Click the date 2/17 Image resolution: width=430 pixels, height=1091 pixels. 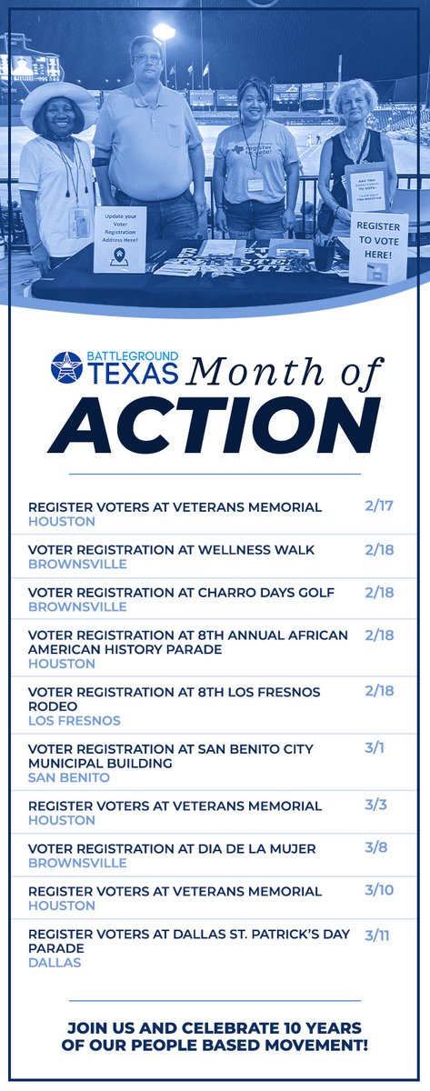click(378, 505)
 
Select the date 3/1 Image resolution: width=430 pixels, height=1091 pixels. click(375, 747)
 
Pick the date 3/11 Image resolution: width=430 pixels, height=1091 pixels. click(377, 934)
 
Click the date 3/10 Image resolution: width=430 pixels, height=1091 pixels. click(379, 890)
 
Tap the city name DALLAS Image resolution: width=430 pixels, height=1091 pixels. click(55, 962)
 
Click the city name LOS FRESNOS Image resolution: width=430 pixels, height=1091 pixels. click(75, 720)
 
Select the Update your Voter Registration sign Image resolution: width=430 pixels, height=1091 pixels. click(120, 238)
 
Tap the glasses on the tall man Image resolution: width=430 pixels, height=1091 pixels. click(146, 59)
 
